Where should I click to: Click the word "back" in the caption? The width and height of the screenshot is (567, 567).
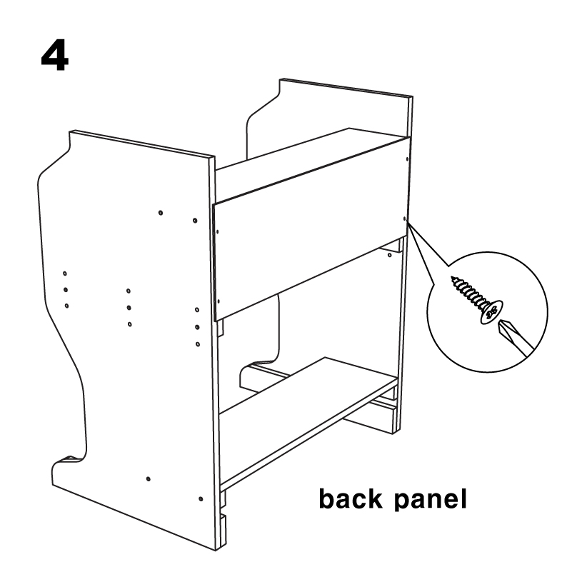[351, 498]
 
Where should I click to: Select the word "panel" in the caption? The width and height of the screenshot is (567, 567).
[430, 501]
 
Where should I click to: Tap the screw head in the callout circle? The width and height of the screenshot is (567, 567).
[491, 311]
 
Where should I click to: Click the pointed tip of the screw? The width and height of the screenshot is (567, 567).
[452, 278]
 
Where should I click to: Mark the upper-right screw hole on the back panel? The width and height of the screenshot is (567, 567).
[407, 159]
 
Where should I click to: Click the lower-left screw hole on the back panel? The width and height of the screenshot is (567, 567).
[218, 301]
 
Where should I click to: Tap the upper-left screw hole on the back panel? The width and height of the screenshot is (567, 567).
[217, 232]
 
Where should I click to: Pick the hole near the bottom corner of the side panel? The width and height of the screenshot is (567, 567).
[201, 499]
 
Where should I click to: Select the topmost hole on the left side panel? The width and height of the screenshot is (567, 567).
[161, 213]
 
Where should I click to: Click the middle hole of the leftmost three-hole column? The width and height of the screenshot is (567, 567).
[66, 290]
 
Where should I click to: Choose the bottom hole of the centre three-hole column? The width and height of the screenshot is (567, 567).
[130, 324]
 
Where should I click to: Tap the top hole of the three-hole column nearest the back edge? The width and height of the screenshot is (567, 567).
[197, 310]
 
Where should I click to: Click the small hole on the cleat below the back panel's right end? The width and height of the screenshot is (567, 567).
[389, 256]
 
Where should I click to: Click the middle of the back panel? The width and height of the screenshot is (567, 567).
[311, 229]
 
